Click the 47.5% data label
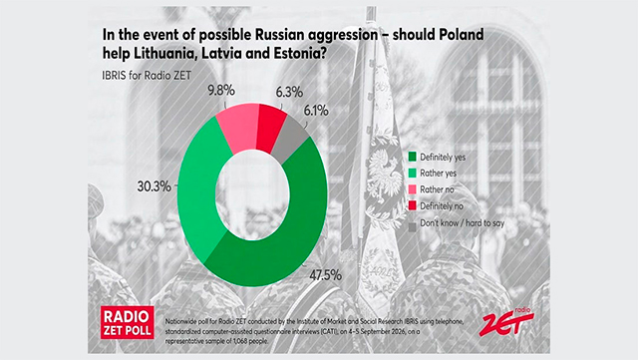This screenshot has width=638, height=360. point(325,275)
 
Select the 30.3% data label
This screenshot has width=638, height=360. point(154,186)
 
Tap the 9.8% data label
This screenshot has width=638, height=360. point(221,91)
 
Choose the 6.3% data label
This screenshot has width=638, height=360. point(289,92)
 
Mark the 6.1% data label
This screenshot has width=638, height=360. point(316,111)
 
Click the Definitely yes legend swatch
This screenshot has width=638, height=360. point(413,157)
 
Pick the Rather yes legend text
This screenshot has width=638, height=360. point(439,174)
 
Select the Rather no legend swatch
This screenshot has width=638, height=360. point(413,189)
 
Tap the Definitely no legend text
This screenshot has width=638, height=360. point(442,206)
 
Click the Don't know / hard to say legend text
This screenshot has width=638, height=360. point(463,223)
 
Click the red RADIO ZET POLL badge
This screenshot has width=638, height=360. point(128,322)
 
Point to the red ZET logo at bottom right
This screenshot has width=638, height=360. point(506,321)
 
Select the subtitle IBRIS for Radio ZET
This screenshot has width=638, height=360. point(147,76)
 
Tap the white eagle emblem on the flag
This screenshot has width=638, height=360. point(384,172)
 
